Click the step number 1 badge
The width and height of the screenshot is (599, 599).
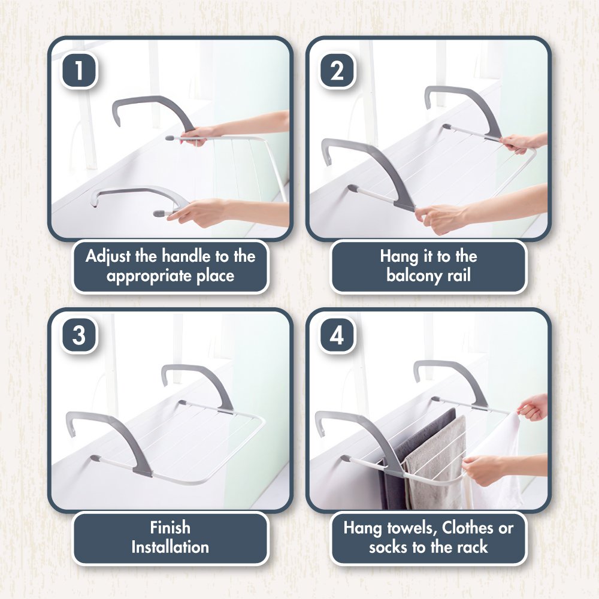click(x=79, y=70)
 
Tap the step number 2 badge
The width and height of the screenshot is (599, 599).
click(x=337, y=70)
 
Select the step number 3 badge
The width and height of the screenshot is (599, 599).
click(x=79, y=335)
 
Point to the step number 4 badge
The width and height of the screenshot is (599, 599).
click(x=337, y=335)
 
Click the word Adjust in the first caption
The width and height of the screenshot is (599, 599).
click(x=108, y=256)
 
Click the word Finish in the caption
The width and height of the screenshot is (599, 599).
click(x=170, y=528)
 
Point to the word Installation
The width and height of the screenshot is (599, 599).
click(x=170, y=547)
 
